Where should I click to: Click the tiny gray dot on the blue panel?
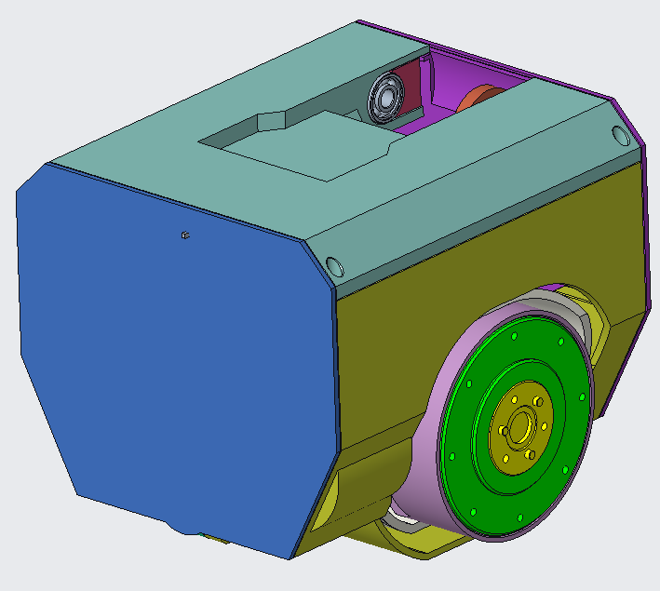tap(185, 235)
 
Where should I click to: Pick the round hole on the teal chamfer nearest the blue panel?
tap(337, 267)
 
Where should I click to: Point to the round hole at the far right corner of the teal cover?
tap(619, 135)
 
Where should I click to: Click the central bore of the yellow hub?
tap(519, 425)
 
